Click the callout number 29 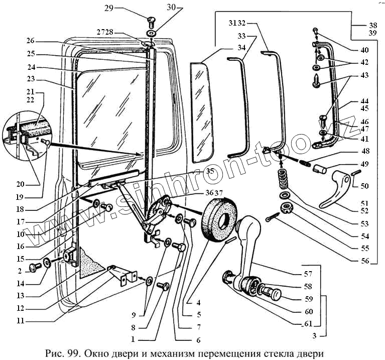[109, 9]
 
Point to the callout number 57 [308, 274]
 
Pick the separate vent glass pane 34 [202, 112]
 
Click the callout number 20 [21, 184]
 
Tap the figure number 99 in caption [72, 353]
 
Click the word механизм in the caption [173, 354]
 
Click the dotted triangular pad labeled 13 [90, 263]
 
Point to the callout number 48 [365, 151]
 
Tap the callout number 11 [21, 321]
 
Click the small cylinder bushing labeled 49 [320, 169]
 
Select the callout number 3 [315, 336]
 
